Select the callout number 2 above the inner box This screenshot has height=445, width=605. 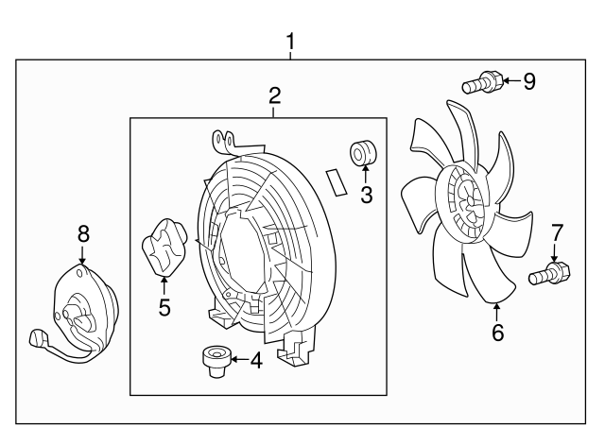tap(274, 95)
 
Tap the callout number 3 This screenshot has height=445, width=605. tap(366, 195)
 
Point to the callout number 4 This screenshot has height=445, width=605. tap(256, 361)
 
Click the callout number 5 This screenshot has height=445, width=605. tap(164, 307)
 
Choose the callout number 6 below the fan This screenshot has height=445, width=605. tap(498, 333)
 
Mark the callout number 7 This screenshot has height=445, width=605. tap(557, 233)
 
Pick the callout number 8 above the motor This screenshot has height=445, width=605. tap(83, 233)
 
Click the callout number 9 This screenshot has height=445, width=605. tap(529, 81)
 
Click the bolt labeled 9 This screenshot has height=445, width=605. tap(482, 82)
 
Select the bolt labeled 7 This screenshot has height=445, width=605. tap(549, 273)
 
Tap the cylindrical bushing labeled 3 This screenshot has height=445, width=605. tap(363, 153)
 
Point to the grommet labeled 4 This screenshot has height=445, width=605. tap(216, 361)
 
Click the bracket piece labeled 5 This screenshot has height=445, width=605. tap(164, 248)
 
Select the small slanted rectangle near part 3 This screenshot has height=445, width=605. tap(337, 182)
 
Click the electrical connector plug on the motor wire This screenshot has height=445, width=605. tap(39, 338)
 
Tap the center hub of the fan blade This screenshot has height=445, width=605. tap(470, 204)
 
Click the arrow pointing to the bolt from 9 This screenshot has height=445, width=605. tap(512, 80)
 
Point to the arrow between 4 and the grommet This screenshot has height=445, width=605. tap(239, 360)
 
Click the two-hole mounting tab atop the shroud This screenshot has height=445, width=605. tap(225, 142)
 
